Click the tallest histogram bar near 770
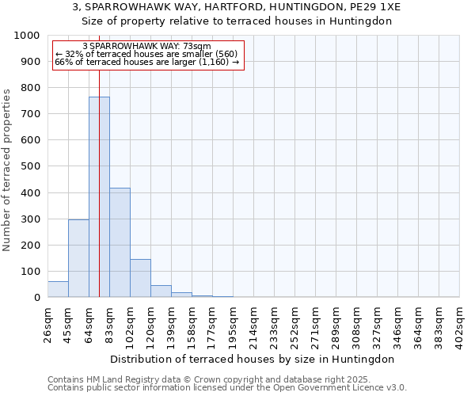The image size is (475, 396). click(99, 198)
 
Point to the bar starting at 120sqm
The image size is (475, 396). click(161, 291)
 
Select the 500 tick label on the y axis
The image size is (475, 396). click(31, 166)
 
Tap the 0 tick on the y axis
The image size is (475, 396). click(37, 298)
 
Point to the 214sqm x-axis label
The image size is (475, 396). click(254, 324)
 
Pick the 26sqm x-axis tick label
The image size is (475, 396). click(48, 324)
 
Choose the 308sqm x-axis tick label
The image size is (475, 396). click(357, 324)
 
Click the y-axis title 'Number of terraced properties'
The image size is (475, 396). click(7, 169)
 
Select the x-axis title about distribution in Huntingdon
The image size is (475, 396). click(253, 359)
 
